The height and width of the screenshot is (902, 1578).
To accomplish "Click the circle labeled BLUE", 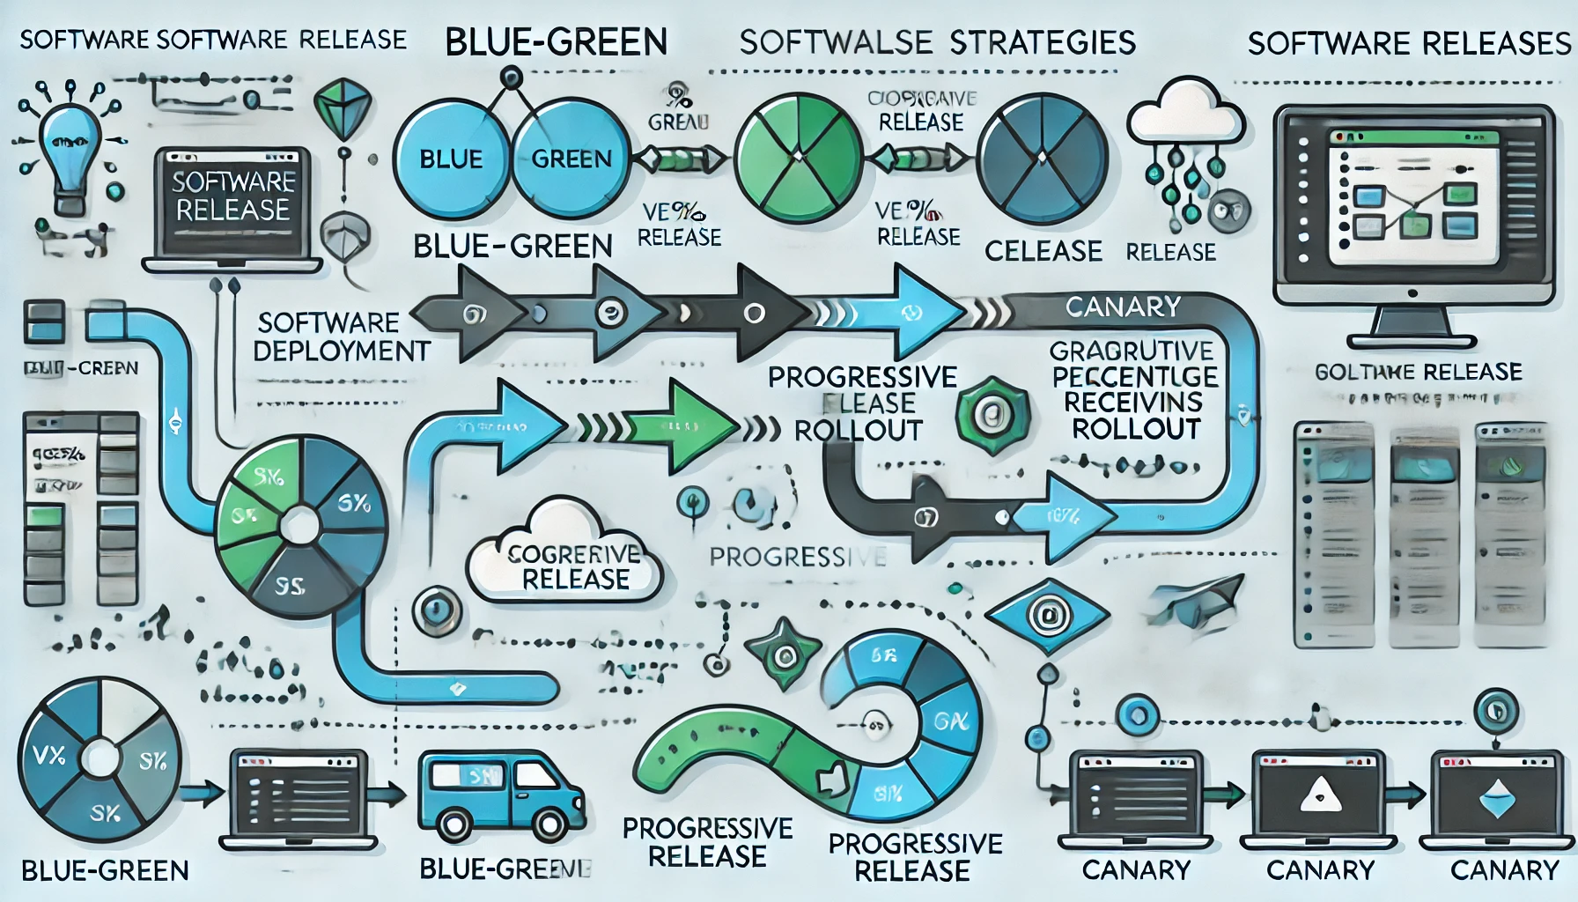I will (x=450, y=159).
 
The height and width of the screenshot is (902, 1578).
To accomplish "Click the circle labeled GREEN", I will (x=571, y=159).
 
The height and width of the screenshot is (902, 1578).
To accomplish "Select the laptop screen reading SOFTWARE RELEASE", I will (x=232, y=197).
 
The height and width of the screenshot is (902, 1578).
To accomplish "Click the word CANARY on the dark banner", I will (x=1123, y=307).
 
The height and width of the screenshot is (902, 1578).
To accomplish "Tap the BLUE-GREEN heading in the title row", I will (x=556, y=42).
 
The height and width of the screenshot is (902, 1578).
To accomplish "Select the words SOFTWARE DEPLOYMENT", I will (x=341, y=336).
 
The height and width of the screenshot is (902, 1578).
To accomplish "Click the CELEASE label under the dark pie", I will (x=1043, y=252).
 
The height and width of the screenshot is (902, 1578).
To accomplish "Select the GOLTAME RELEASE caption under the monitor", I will (x=1418, y=372).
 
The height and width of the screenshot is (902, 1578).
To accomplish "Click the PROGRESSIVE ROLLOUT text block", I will (x=860, y=403).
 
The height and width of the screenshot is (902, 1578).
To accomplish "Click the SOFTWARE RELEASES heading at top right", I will (x=1409, y=43).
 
